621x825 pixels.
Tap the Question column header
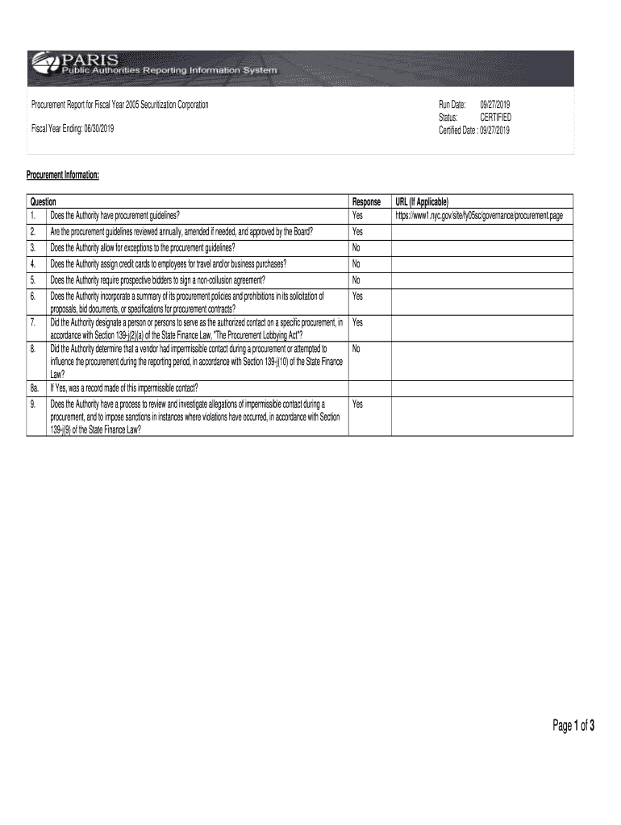(43, 201)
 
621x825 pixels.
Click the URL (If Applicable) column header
(421, 201)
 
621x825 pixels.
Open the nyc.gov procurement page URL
(478, 216)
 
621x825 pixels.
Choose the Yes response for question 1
(357, 216)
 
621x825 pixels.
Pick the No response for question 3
(356, 247)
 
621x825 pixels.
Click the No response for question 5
(356, 280)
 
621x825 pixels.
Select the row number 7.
(33, 322)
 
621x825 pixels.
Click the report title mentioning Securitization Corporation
(119, 106)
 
